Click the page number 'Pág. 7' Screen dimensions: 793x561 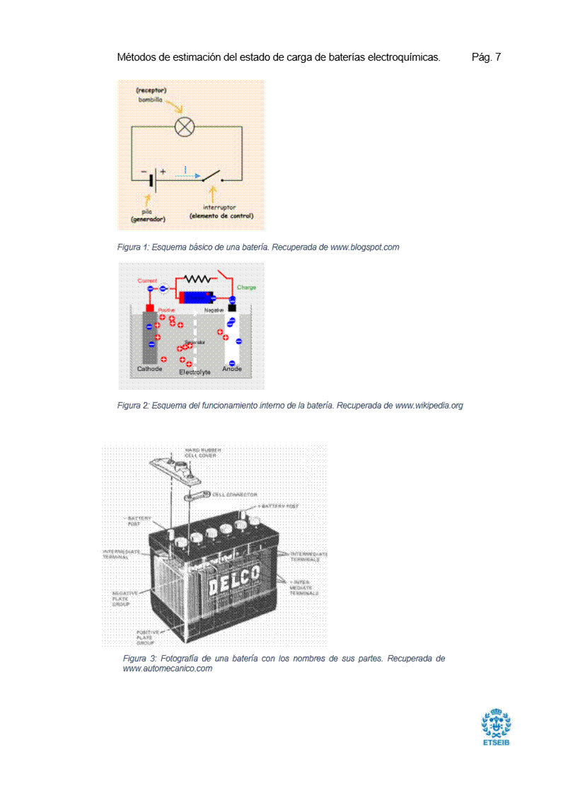point(486,57)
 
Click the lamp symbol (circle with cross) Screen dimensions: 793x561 point(185,127)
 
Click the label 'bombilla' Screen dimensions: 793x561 point(150,100)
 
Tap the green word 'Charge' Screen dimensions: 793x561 point(247,288)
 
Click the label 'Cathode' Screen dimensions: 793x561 point(149,369)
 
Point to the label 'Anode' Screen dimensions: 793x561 point(232,369)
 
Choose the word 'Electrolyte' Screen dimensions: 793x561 point(195,372)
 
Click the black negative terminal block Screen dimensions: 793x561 point(231,308)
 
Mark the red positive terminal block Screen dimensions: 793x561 point(149,309)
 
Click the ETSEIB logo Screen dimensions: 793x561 point(496,728)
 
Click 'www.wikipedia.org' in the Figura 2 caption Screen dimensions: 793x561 point(429,406)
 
